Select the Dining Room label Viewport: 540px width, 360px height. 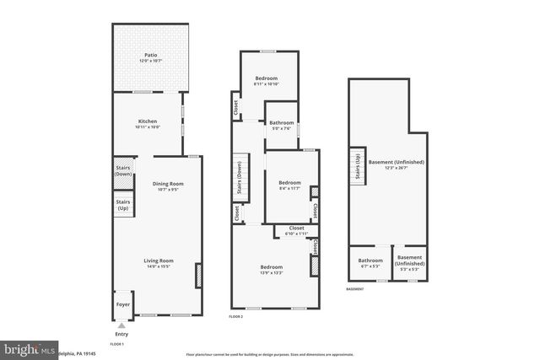coord(167,185)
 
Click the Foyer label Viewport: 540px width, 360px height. coord(122,304)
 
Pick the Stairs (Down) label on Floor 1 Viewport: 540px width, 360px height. coord(123,168)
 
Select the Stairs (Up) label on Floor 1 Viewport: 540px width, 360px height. coord(123,204)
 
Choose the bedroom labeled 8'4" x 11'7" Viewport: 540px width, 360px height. coord(289,185)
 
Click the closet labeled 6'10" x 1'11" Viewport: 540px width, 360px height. coord(296,229)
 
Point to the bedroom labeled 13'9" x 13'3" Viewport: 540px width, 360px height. coord(272,270)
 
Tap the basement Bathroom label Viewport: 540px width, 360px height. coord(370,261)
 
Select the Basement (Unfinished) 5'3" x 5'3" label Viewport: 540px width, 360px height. coord(409,260)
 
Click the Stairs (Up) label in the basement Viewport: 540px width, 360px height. coord(358,164)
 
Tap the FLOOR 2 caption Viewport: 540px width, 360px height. coord(235,316)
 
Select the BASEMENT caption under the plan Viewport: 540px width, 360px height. coord(355,288)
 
